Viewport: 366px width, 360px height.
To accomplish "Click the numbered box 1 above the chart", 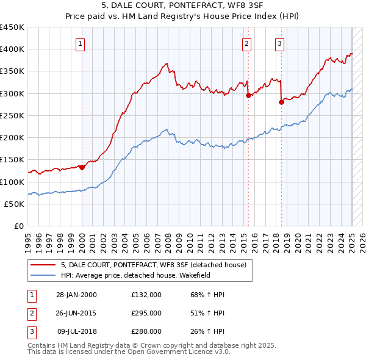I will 81,43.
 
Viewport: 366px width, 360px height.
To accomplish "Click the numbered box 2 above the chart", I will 246,43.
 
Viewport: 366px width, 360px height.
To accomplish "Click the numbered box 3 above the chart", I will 279,43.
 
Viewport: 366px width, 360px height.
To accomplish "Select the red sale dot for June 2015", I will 249,95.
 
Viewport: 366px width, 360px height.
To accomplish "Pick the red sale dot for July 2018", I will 281,102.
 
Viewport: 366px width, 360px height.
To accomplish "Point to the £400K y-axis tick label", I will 12,49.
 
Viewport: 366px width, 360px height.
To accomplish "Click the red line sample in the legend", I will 43,265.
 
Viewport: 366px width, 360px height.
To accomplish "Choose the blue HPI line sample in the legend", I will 43,275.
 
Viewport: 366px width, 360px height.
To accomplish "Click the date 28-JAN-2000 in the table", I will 76,295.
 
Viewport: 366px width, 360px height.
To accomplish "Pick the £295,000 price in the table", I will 146,313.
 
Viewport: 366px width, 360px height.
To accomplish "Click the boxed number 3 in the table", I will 30,331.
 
